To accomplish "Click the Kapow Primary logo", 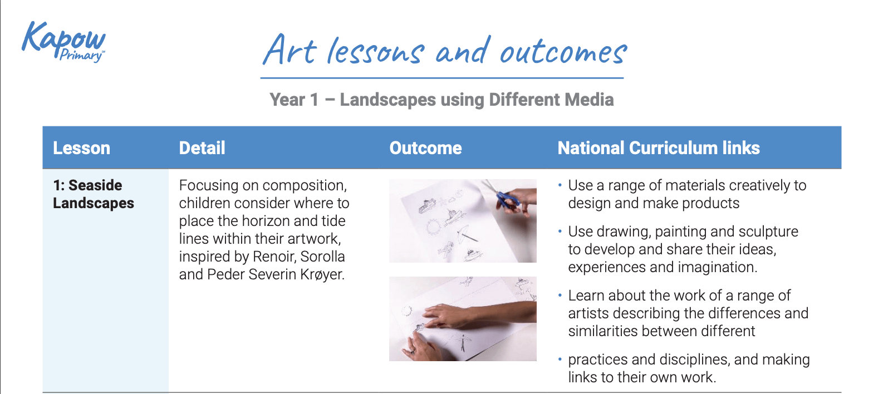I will (x=63, y=42).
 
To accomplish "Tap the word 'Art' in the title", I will (x=290, y=51).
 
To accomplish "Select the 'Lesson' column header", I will (x=81, y=148).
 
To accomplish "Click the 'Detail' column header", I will (x=202, y=148).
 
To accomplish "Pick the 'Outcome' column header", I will (x=425, y=148).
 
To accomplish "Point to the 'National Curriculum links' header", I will (x=658, y=148).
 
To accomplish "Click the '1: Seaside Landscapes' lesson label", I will (x=93, y=194).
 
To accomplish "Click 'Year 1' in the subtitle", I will (x=294, y=100).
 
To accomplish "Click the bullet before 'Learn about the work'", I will (x=560, y=295).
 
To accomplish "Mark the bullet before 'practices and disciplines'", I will (x=560, y=359).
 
